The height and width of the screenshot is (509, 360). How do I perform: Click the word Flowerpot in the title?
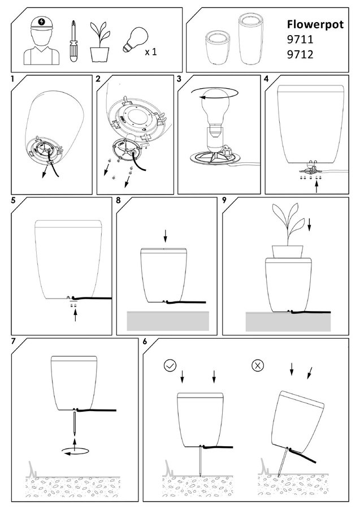pos(315,25)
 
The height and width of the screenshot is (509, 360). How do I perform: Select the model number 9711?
pos(300,39)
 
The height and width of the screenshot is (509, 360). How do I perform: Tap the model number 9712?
pos(300,54)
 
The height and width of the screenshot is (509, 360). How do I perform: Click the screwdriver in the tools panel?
pos(73,41)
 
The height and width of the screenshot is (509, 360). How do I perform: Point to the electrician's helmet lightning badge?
pos(41,22)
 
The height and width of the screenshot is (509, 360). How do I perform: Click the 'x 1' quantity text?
pos(151,51)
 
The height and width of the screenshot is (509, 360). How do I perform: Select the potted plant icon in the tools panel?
pos(99,42)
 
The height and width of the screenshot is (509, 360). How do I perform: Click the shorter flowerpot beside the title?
pos(218,48)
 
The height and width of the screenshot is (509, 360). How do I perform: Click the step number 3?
pos(179,79)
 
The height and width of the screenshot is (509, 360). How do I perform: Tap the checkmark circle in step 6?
pos(170,366)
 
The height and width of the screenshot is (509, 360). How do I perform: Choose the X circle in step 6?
pos(258,365)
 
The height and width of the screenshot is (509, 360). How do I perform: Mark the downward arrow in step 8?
pos(166,235)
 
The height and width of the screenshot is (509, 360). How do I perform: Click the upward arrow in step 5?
pos(75,315)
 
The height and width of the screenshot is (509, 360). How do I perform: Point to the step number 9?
pos(224,200)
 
